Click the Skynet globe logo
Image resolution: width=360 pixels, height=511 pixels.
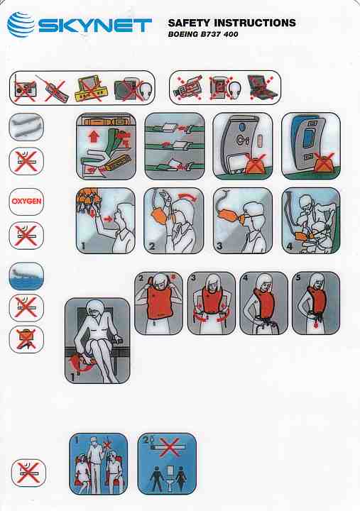point(21,24)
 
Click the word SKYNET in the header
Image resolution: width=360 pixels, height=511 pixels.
point(95,26)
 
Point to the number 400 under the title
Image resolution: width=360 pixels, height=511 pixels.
point(231,34)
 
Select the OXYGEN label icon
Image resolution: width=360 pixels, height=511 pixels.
point(26,202)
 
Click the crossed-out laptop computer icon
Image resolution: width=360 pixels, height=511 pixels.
point(262,87)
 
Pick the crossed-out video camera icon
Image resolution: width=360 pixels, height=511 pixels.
point(187,87)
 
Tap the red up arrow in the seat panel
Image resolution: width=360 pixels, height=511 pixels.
point(94,136)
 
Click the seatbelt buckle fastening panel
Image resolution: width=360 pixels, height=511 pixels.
point(175,146)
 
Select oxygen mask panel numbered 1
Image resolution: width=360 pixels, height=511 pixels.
point(106,221)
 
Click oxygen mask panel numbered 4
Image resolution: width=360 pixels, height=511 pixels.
point(311,221)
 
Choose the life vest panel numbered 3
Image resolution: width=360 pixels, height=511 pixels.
point(212,303)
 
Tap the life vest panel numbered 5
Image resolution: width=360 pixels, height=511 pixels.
point(316,303)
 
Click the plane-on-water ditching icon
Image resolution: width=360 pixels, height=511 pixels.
point(26,276)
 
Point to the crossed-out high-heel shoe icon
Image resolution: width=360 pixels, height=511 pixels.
point(26,339)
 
